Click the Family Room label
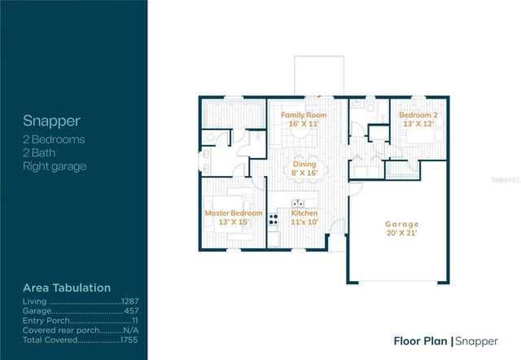point(304,115)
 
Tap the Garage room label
point(401,224)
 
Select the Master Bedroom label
point(234,213)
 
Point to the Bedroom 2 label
point(418,115)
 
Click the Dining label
point(304,165)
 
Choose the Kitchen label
point(304,213)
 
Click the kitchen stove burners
point(274,219)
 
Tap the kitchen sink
point(298,203)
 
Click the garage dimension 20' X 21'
point(401,233)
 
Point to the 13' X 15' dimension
point(234,222)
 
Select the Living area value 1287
point(130,301)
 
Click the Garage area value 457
point(131,311)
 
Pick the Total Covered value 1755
point(129,340)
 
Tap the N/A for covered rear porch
point(131,331)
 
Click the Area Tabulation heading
point(67,288)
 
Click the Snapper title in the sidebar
point(51,121)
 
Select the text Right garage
point(55,166)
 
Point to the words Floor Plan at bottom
point(421,341)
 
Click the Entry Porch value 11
point(135,321)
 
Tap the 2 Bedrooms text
point(54,139)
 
